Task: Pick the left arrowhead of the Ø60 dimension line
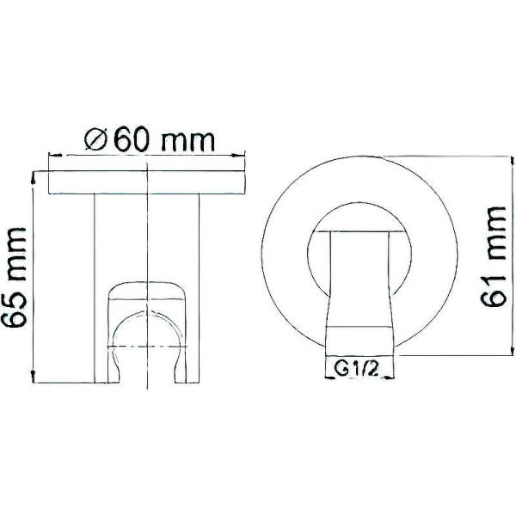coord(52,156)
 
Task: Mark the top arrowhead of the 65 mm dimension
coord(33,175)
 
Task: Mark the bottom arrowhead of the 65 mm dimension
coord(33,378)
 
